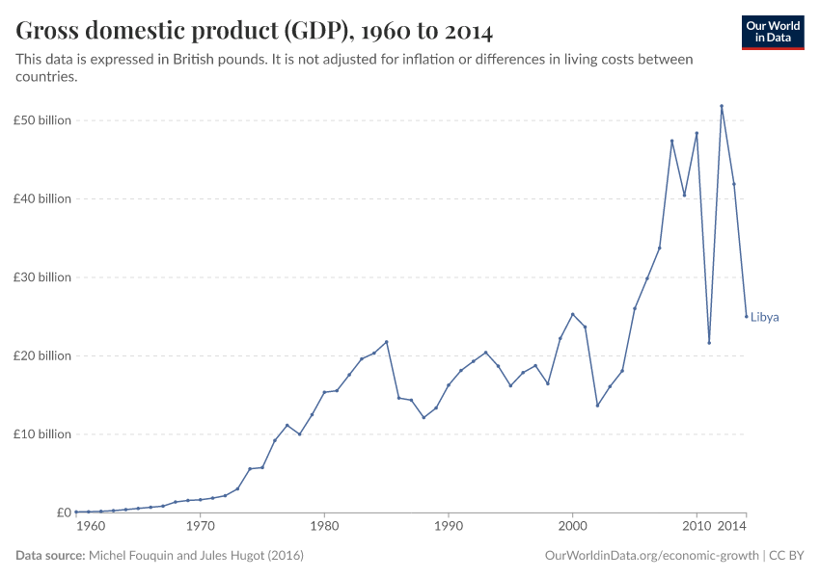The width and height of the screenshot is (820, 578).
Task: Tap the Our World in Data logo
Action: pos(772,32)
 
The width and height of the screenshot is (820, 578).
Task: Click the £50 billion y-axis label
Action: pos(43,120)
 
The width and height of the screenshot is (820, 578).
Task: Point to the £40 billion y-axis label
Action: pos(43,198)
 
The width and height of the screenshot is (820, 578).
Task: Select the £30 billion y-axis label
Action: pos(43,277)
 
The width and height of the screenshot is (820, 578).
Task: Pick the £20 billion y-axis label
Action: pos(43,355)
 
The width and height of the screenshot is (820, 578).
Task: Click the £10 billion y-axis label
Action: pos(43,434)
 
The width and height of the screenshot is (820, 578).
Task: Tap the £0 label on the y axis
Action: pos(63,512)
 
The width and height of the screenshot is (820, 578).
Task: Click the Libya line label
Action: pos(764,317)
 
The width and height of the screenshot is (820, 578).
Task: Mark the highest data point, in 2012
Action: pos(722,106)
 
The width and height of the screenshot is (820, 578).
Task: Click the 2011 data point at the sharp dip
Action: pos(709,343)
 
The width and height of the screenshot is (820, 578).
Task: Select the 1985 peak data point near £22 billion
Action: pos(387,342)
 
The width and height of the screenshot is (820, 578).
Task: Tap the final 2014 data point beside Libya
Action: pos(746,316)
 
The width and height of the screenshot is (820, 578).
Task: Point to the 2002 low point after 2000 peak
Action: pos(597,406)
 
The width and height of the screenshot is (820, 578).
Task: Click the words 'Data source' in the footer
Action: pos(50,556)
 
